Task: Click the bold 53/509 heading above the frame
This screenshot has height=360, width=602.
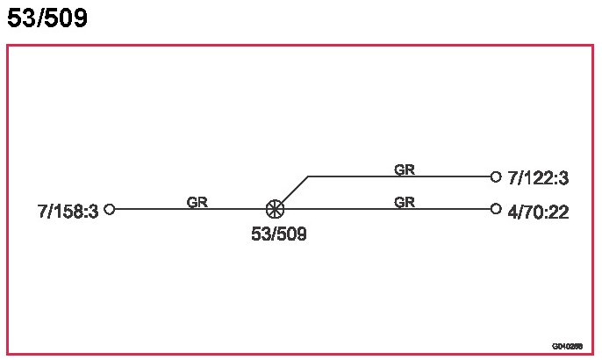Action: (47, 18)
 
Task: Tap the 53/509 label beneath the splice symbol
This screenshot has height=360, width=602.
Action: (279, 234)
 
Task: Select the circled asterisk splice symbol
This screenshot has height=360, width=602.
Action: (275, 209)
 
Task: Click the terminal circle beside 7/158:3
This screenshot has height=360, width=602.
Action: (110, 209)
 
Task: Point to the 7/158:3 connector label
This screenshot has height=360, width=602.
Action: (68, 211)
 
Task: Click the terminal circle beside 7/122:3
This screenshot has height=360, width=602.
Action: (496, 176)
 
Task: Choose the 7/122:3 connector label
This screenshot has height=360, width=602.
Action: (538, 179)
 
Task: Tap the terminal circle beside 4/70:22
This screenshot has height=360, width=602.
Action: (496, 209)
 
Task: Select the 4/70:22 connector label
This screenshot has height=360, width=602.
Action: (538, 212)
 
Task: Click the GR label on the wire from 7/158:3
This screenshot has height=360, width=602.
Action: (197, 202)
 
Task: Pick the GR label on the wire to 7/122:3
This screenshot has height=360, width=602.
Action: (404, 169)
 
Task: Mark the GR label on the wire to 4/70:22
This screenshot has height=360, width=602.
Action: (404, 202)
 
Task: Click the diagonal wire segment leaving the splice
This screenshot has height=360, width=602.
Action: (293, 191)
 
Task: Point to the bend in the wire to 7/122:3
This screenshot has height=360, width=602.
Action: (309, 176)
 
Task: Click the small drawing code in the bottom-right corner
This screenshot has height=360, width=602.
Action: (567, 346)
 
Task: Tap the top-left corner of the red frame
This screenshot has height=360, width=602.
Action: (8, 46)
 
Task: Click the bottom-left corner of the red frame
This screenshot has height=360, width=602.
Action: (8, 354)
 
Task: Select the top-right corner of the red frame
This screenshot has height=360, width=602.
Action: (592, 46)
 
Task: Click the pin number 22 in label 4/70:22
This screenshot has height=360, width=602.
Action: (559, 212)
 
